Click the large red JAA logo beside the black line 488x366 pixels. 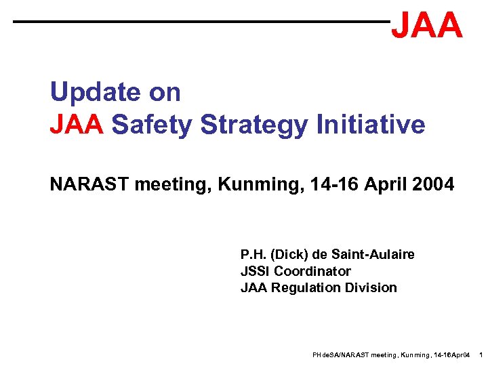pyautogui.click(x=427, y=25)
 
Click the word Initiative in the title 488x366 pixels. pyautogui.click(x=370, y=125)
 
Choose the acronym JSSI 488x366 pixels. pyautogui.click(x=256, y=271)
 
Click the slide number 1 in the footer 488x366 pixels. pyautogui.click(x=480, y=355)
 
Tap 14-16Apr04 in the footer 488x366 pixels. pyautogui.click(x=449, y=355)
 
